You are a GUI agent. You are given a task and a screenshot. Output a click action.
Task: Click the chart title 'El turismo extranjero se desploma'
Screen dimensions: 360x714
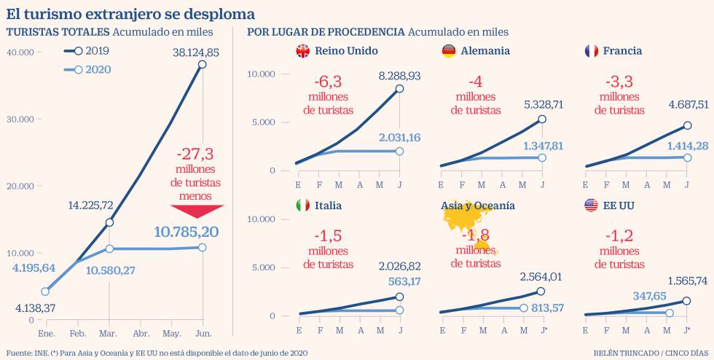(x=130, y=14)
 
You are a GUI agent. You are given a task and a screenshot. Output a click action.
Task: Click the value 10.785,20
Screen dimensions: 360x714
(x=187, y=232)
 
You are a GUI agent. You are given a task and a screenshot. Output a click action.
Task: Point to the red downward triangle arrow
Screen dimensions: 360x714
(x=197, y=211)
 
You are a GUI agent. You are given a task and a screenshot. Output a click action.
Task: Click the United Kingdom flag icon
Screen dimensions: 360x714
(x=302, y=51)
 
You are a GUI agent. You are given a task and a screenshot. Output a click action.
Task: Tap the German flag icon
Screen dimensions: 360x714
(x=449, y=51)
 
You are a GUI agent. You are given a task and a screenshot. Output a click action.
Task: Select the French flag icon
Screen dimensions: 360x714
(x=592, y=51)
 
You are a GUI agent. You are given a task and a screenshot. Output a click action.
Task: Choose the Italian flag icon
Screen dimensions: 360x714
(x=302, y=206)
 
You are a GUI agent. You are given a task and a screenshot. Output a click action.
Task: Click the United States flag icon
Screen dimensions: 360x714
(x=592, y=206)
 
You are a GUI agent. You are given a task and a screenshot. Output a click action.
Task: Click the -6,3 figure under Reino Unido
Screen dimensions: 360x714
(x=328, y=82)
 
